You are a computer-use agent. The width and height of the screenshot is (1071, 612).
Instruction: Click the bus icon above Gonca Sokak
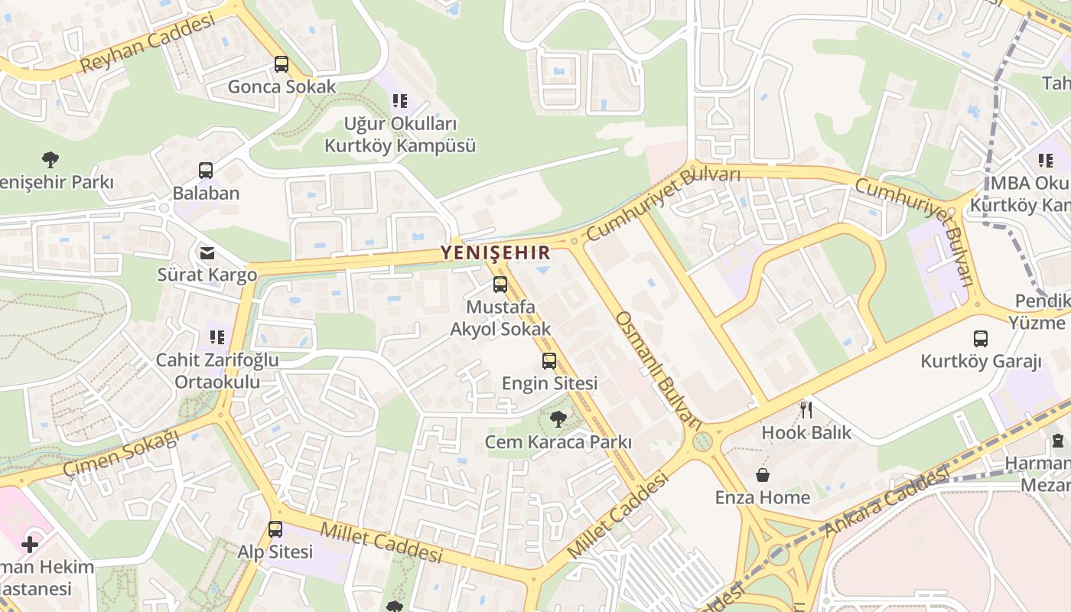coord(282,64)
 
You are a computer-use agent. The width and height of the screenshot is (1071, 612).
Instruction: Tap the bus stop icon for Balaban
coord(206,171)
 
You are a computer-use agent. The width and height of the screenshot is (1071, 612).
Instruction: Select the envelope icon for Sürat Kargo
coord(207,252)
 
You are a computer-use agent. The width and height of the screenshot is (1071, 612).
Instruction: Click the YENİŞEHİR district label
coord(495,252)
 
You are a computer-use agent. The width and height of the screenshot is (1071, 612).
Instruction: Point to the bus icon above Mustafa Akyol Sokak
coord(500,285)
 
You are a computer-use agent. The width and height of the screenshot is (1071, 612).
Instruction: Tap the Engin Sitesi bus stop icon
coord(549,361)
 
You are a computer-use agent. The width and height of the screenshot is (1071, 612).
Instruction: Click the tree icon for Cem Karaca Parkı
coord(558,418)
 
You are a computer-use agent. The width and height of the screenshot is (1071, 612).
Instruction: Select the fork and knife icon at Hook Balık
coord(806,409)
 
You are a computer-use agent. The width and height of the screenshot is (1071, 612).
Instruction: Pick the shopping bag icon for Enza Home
coord(763,475)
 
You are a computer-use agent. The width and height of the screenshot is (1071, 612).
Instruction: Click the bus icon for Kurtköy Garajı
coord(981,338)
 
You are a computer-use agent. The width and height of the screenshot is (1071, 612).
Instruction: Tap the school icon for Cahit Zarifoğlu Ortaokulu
coord(217,337)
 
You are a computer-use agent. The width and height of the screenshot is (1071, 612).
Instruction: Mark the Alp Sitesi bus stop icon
coord(275,529)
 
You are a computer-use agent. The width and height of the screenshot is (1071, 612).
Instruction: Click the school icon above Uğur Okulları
coord(399,100)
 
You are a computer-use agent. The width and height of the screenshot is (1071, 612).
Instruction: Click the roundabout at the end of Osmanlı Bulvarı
coord(702,441)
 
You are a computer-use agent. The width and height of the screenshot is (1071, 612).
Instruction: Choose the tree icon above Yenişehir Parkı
coord(50,160)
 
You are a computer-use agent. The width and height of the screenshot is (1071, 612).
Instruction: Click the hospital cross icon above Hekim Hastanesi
coord(29,544)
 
